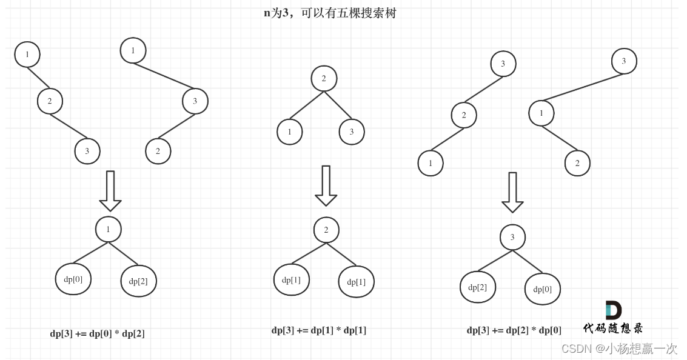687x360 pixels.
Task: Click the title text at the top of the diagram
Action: (x=330, y=13)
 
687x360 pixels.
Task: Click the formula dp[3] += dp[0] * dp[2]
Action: (x=97, y=333)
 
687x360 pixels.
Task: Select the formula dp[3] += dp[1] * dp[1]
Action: (x=319, y=330)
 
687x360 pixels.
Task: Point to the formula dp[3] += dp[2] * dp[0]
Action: (x=514, y=330)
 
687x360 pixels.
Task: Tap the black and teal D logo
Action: (x=613, y=310)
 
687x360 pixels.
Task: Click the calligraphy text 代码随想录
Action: (x=613, y=328)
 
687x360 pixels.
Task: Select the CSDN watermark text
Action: (x=619, y=348)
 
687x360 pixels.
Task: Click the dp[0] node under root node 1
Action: (x=73, y=279)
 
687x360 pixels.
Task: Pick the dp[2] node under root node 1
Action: (x=138, y=281)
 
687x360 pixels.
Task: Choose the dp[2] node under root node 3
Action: (x=478, y=287)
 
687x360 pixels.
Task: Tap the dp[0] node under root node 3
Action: (x=543, y=289)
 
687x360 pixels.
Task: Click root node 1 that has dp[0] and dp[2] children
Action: (x=109, y=229)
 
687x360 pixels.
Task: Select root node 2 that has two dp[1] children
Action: (x=326, y=230)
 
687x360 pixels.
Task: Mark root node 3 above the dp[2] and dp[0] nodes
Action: (x=512, y=237)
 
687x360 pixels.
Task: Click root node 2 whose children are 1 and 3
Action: (x=324, y=78)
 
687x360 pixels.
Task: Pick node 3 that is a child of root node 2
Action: (x=352, y=132)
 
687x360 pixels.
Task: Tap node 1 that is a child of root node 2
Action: (x=290, y=132)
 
